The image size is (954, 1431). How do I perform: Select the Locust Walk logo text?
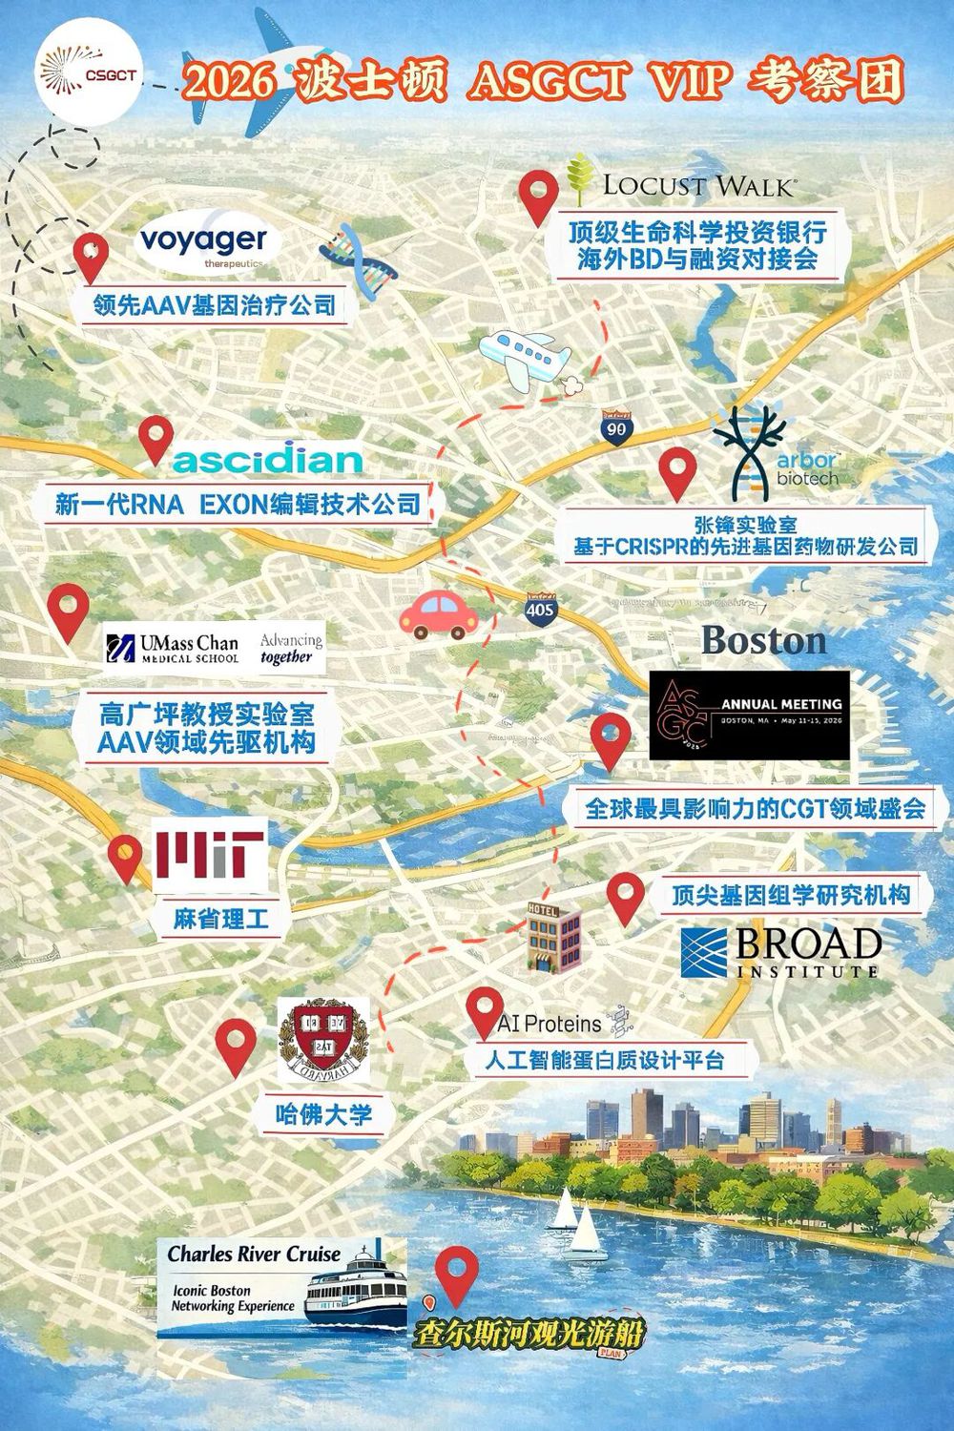click(x=697, y=184)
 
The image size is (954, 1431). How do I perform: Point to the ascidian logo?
click(x=267, y=461)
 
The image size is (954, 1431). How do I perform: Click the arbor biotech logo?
click(x=773, y=454)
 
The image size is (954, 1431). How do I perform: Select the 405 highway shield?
click(x=541, y=607)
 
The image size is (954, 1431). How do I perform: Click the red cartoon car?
click(x=439, y=612)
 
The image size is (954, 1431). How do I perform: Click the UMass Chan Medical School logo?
click(x=174, y=649)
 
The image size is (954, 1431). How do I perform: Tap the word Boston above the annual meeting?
click(x=763, y=640)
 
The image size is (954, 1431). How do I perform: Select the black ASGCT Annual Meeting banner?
click(x=748, y=715)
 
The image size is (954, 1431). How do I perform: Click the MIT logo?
click(x=209, y=854)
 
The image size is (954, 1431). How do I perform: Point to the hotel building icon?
click(x=554, y=936)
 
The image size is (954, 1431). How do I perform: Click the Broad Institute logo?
click(x=779, y=951)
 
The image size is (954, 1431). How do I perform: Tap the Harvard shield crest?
click(x=322, y=1040)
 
